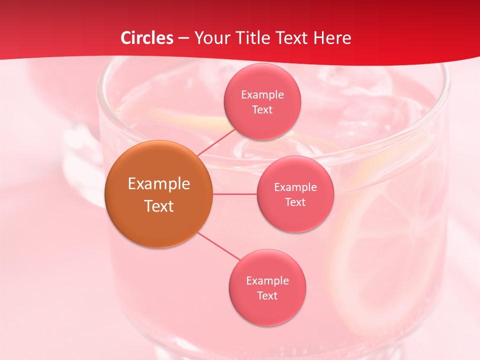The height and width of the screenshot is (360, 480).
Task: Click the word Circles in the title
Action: coord(147,38)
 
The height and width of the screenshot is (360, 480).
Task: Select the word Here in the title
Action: coord(332,38)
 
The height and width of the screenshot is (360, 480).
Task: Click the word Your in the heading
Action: coord(210,38)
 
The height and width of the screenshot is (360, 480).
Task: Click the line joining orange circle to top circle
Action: coord(216,142)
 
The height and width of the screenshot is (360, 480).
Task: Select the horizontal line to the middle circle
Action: coord(234,193)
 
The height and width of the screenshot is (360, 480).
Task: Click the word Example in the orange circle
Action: coord(158,184)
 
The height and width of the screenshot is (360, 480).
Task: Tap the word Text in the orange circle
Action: coord(158,206)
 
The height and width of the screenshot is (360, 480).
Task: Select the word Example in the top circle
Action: coord(262,94)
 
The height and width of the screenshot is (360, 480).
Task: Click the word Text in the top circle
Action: coord(262,109)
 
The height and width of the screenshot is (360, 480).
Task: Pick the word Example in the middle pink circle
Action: coord(295,187)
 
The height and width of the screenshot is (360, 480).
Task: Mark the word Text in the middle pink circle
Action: coord(295,202)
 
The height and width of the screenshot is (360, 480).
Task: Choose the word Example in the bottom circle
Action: coord(267,280)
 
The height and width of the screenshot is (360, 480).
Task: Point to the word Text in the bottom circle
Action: coord(267,295)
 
